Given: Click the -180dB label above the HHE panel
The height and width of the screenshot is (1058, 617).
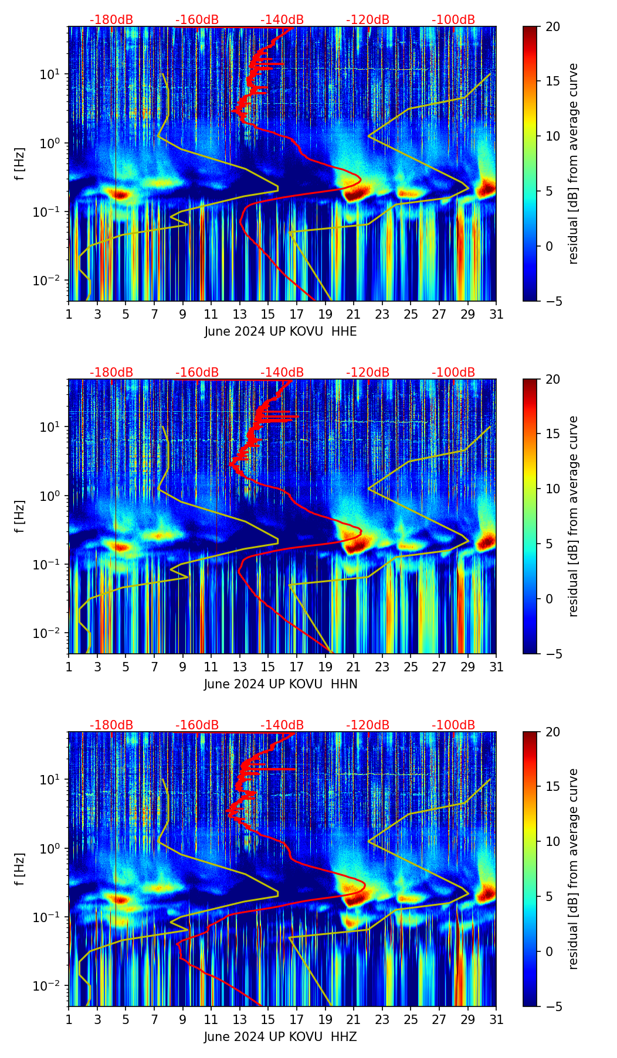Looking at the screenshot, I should point(111,20).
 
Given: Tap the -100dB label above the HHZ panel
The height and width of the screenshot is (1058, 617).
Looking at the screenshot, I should point(453,725).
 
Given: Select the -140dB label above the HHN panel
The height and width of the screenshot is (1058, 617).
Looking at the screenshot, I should point(282,373).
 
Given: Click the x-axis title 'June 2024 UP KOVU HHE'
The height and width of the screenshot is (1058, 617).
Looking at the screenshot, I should point(280,332).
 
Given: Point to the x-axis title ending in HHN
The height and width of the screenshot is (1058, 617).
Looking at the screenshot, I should point(280,684).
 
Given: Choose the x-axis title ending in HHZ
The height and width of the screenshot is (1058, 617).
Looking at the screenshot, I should point(280,1037).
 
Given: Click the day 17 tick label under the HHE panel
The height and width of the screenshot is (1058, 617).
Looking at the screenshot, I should point(297,314).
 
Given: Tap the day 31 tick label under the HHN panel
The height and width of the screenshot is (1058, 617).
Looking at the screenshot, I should point(496,667).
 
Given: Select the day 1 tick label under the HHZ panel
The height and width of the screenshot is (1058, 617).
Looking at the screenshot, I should point(69,1019).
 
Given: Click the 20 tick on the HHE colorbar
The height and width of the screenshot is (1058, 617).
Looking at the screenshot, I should point(552,26).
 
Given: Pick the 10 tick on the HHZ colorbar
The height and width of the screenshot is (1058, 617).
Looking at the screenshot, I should point(552,841).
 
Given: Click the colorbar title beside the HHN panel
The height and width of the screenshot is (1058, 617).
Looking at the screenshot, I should point(574,516).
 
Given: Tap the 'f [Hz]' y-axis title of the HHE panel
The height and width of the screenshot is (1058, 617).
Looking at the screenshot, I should point(21,163).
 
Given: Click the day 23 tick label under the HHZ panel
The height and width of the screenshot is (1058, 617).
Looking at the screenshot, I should point(382,1019).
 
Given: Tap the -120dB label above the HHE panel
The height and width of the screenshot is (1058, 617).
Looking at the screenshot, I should point(368,20).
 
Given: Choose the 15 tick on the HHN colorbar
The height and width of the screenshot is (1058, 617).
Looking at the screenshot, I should point(552,434).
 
